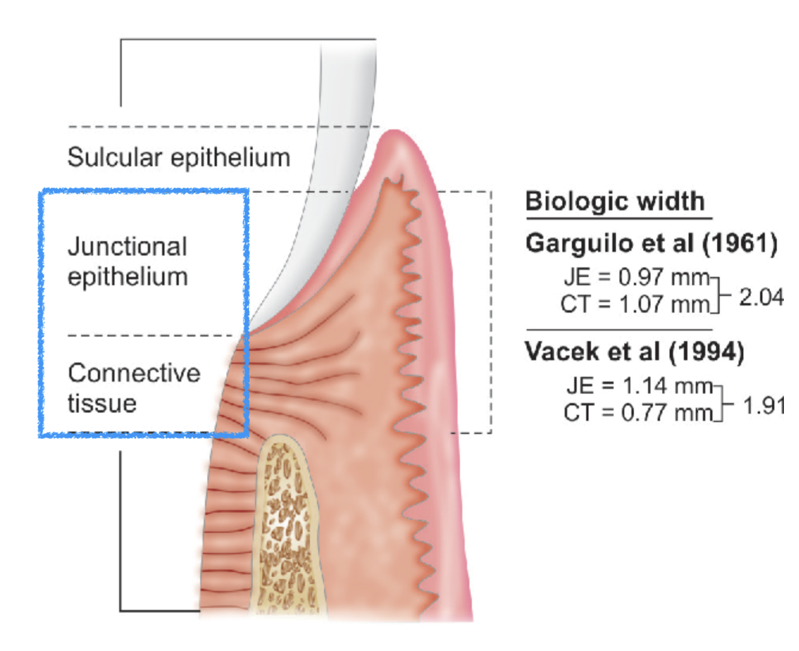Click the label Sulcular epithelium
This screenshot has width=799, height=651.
pos(179,158)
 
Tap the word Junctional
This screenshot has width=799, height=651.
pos(127,247)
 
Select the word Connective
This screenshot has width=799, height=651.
pos(134,373)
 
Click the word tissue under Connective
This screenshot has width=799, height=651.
pos(102,403)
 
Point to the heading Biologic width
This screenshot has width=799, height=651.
pos(615,201)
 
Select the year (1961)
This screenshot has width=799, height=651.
pos(740,243)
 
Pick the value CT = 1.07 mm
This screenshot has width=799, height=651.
pos(635,305)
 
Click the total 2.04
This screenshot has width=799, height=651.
pos(762,297)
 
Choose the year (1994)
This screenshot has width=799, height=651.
pos(706,352)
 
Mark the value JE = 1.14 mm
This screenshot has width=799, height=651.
pos(639,385)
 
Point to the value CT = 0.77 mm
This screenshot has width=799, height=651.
pos(638,413)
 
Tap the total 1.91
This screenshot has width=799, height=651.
pos(763,406)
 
